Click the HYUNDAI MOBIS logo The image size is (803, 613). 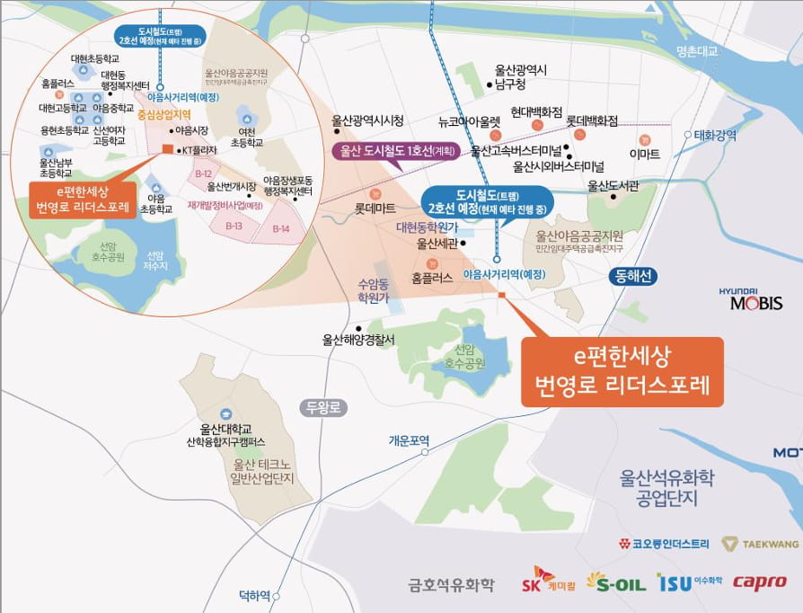(x=750, y=299)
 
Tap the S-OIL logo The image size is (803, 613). (x=616, y=582)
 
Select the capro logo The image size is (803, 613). (x=760, y=582)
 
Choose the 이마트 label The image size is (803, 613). (x=644, y=155)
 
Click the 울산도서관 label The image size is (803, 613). (x=613, y=186)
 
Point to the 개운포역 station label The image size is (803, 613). (x=410, y=440)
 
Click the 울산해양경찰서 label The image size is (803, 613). (x=358, y=340)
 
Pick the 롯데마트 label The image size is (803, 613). (x=375, y=209)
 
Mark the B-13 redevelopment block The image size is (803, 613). (x=234, y=227)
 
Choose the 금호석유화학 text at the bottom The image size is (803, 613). (x=451, y=585)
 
